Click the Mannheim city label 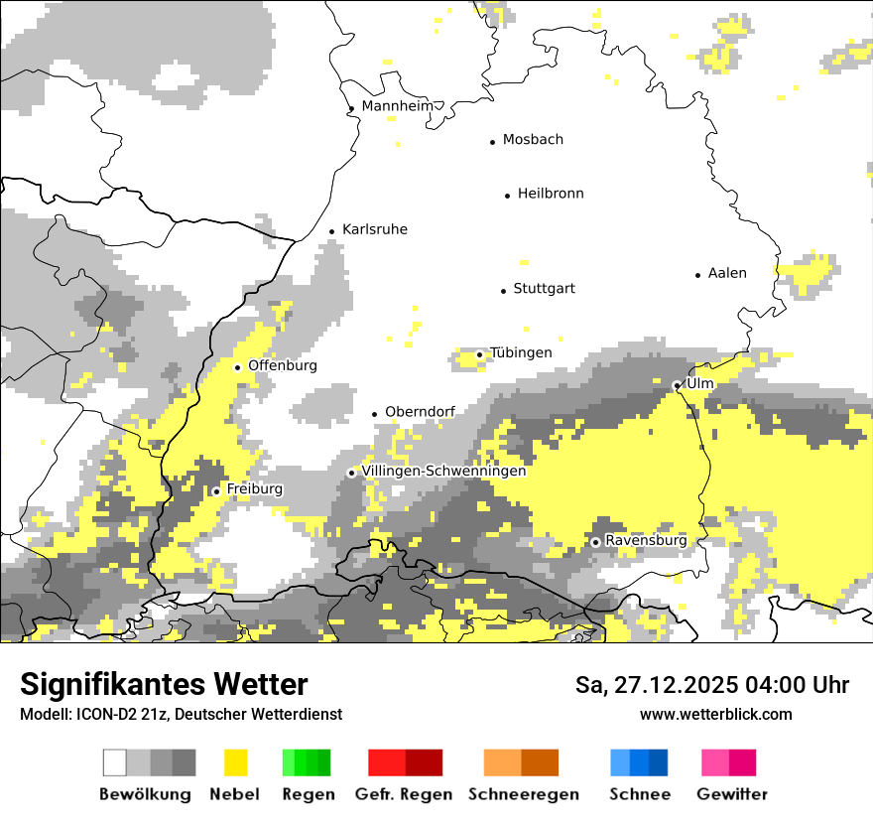pos(397,106)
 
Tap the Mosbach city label pos(533,140)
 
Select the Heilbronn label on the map pos(551,194)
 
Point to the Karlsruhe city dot pos(332,231)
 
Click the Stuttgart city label pos(544,289)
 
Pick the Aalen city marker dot pos(698,275)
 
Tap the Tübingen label pos(521,353)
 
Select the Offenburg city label pos(283,365)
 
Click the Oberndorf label pos(420,412)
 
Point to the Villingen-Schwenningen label pos(443,472)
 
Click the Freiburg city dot pos(216,491)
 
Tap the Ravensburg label pos(646,540)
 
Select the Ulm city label pos(700,383)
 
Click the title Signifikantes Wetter pos(164,685)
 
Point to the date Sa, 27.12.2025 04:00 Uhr pos(712,685)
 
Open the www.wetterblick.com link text pos(715,714)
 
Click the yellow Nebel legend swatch pos(235,762)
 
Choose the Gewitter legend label pos(732,794)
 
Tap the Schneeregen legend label pos(524,794)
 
